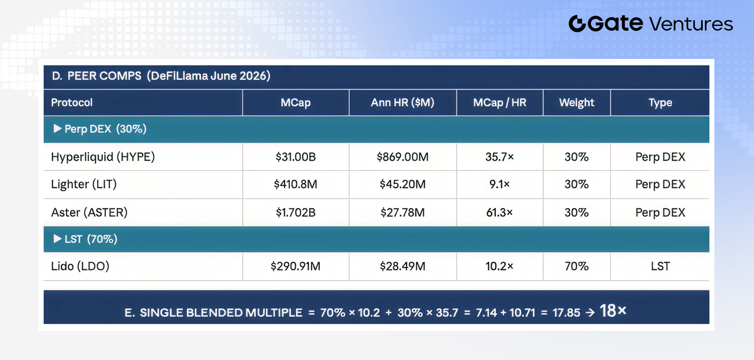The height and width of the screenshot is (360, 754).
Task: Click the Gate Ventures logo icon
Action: (577, 24)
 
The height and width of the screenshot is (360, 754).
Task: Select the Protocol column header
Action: (72, 103)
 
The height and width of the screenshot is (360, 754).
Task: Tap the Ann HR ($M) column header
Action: (402, 103)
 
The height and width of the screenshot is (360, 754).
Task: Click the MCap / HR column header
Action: (500, 103)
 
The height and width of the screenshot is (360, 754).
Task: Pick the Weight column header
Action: (577, 103)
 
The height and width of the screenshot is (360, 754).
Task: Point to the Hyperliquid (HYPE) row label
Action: (103, 157)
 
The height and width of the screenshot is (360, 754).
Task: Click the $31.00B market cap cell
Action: (296, 157)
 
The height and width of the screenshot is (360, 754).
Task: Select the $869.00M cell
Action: (402, 157)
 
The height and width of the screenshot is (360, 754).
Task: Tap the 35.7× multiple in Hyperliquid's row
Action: (500, 157)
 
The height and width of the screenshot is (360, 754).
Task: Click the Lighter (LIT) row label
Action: (84, 184)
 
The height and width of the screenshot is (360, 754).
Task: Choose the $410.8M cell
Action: (296, 184)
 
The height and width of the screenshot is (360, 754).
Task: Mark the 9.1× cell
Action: (500, 184)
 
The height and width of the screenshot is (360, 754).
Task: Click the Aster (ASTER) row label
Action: (89, 213)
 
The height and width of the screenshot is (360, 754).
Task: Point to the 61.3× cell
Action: (500, 213)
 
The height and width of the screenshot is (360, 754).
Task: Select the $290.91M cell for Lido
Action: (296, 266)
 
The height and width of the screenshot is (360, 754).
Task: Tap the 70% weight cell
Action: (577, 266)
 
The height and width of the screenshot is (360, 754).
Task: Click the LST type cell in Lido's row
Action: (660, 266)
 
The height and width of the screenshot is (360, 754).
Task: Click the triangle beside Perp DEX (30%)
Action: (58, 128)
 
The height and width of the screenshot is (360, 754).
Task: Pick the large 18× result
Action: (613, 311)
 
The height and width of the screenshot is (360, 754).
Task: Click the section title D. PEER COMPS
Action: (97, 76)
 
